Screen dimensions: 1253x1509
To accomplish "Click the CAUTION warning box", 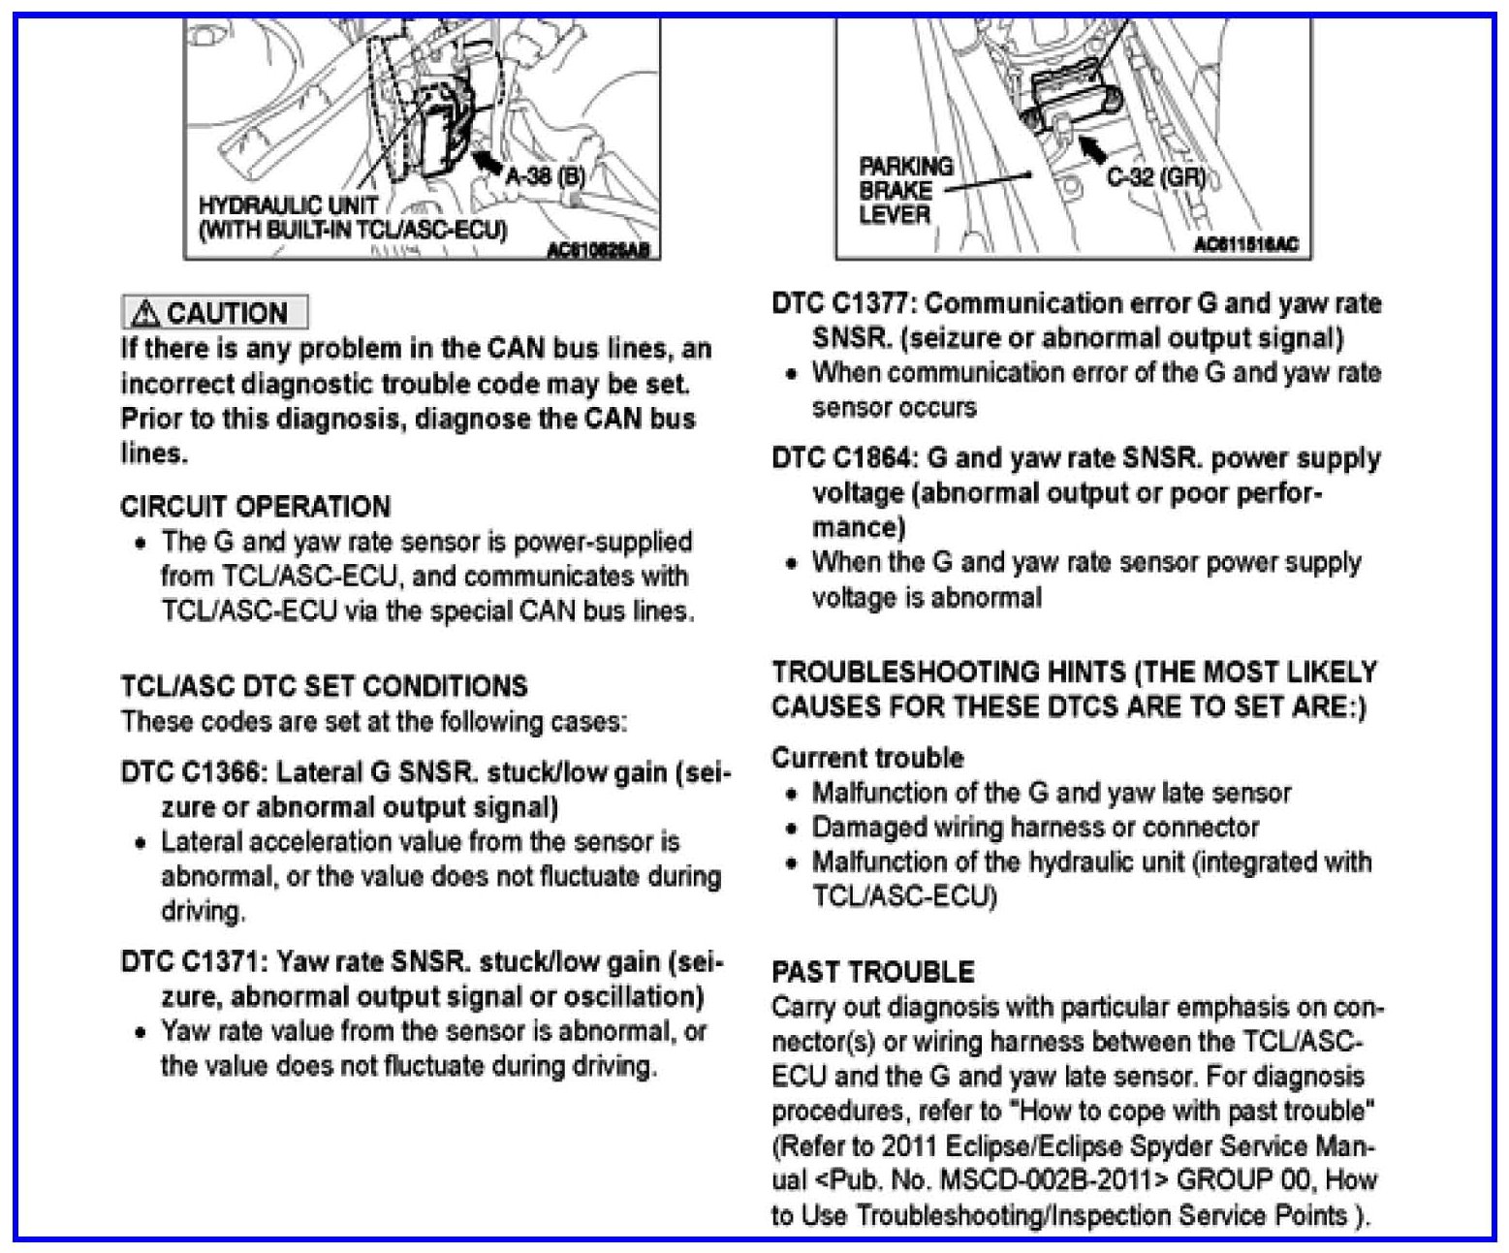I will [x=214, y=313].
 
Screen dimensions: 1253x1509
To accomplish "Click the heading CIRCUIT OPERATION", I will [x=256, y=507].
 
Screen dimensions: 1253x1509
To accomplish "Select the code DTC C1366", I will [x=192, y=772].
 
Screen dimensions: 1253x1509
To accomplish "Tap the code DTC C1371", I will [x=192, y=962].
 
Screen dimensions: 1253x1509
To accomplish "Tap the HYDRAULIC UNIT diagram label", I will [x=287, y=205].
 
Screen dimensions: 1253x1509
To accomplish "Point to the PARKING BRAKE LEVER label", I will [x=904, y=190].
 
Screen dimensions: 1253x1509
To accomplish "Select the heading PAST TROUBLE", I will [x=873, y=972].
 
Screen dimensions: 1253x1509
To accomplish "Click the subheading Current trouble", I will [x=867, y=758].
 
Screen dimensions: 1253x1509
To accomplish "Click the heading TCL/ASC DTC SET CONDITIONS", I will [x=324, y=686].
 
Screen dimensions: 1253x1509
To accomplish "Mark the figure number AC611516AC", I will [x=1245, y=245].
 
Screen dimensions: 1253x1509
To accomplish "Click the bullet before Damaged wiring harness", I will [x=793, y=830].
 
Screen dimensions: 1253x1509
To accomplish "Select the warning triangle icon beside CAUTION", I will [x=146, y=313].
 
